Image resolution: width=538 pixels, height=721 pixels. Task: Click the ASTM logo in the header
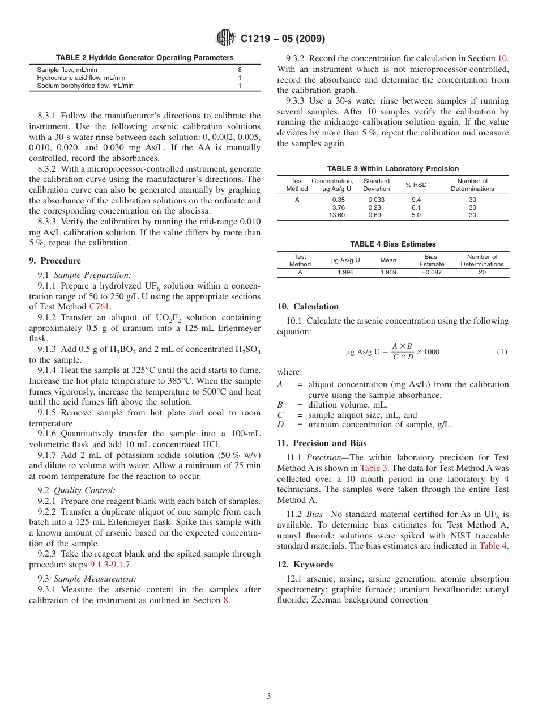click(x=226, y=39)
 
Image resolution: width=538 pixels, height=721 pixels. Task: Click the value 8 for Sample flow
click(x=240, y=70)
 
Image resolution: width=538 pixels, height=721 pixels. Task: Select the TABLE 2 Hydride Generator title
click(x=144, y=58)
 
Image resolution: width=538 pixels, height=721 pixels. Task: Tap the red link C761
click(x=100, y=307)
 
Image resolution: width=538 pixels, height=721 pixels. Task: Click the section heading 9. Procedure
click(x=55, y=261)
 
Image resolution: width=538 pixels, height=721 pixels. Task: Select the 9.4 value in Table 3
click(x=416, y=200)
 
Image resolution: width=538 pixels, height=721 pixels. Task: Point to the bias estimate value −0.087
click(x=432, y=272)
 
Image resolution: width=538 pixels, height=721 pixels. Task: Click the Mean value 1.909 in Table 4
click(x=388, y=272)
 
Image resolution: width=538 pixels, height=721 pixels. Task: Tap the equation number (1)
click(x=502, y=352)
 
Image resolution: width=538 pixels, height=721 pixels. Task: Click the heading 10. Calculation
click(x=308, y=307)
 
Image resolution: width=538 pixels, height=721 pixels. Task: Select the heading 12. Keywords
click(x=305, y=565)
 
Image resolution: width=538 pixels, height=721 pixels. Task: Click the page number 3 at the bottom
click(x=269, y=697)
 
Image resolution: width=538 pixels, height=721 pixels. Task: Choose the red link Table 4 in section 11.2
click(x=493, y=546)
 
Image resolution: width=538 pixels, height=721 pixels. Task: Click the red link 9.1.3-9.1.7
click(x=111, y=565)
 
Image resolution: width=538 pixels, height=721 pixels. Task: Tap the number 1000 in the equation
click(x=431, y=352)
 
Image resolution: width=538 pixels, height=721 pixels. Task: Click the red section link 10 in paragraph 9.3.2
click(x=502, y=58)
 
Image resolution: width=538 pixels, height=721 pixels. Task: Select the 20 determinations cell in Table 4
click(x=482, y=272)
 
